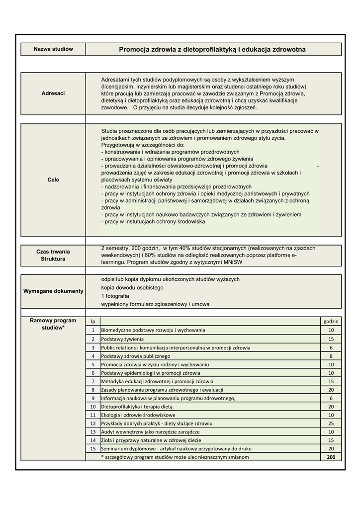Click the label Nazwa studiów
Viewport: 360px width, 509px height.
click(x=53, y=49)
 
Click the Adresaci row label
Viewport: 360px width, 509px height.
click(x=53, y=93)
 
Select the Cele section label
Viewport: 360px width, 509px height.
click(x=53, y=179)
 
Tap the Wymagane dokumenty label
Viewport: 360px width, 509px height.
click(x=53, y=291)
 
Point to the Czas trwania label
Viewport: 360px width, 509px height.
click(x=53, y=252)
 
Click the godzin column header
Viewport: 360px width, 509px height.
click(x=331, y=322)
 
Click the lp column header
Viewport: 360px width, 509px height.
click(x=93, y=322)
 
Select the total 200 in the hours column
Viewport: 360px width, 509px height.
click(x=331, y=457)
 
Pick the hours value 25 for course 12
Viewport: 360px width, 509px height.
click(x=331, y=424)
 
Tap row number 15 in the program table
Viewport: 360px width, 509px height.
click(x=93, y=449)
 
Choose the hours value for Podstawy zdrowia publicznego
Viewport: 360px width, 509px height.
click(x=331, y=356)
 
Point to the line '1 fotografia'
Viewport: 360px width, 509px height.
click(x=115, y=296)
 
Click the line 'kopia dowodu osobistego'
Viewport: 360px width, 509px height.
click(x=132, y=288)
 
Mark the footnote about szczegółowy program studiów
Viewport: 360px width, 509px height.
click(x=175, y=457)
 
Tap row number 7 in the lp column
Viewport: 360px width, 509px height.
click(x=93, y=381)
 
